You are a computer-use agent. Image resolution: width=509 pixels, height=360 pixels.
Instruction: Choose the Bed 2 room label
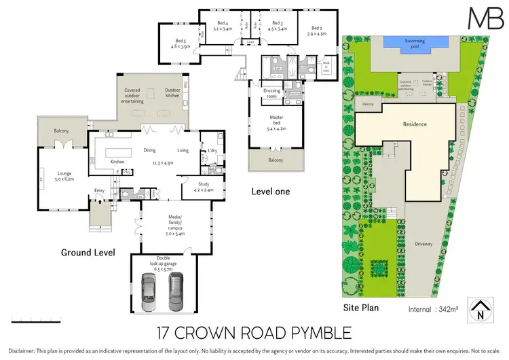pos(317,29)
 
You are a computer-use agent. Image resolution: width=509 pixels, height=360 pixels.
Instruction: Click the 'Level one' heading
pos(270,192)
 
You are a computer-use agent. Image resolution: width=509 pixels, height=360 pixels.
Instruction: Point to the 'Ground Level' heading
pos(87,253)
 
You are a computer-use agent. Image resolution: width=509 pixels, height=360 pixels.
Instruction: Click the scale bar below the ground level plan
pos(61,320)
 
